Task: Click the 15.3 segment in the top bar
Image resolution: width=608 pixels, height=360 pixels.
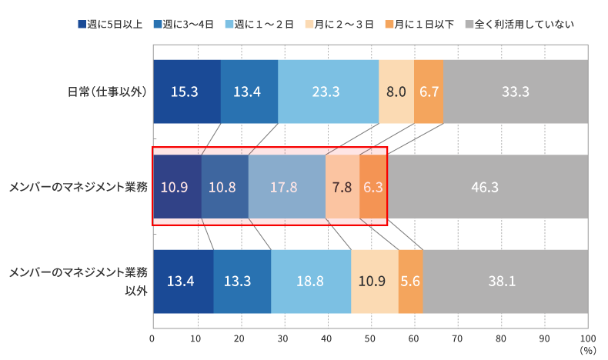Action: [x=186, y=92]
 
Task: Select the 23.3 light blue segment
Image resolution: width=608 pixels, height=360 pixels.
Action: [x=328, y=92]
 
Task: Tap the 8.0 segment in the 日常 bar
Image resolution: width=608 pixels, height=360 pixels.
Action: [x=396, y=92]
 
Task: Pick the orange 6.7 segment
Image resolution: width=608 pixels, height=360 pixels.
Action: [x=429, y=92]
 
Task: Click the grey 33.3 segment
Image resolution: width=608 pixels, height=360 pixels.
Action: [x=515, y=92]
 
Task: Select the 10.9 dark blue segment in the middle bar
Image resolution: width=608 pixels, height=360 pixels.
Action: [x=176, y=187]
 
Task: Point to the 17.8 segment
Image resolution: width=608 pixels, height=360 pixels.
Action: [x=286, y=187]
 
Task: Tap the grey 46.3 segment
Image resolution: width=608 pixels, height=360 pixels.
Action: [x=486, y=187]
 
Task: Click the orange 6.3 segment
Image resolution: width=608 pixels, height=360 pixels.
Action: [x=372, y=187]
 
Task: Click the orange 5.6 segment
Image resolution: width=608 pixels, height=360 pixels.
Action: [x=410, y=282]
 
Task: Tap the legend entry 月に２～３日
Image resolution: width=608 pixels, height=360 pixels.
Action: [x=343, y=24]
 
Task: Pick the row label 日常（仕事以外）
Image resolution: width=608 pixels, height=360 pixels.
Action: [x=107, y=92]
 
